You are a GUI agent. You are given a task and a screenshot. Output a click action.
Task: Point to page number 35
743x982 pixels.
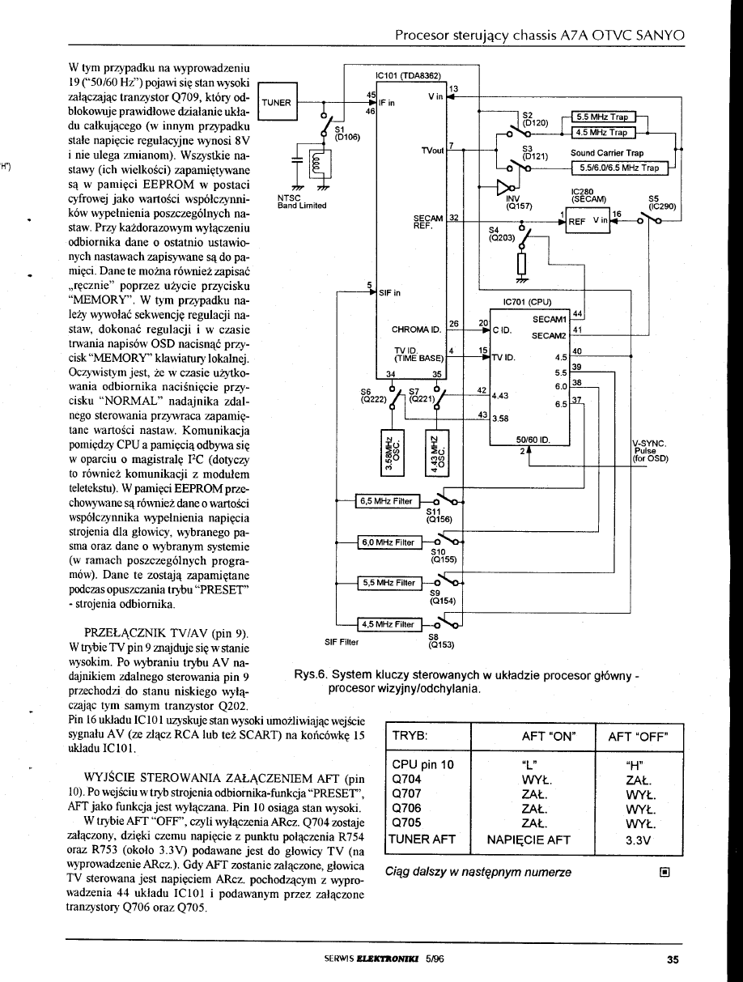coord(672,961)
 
